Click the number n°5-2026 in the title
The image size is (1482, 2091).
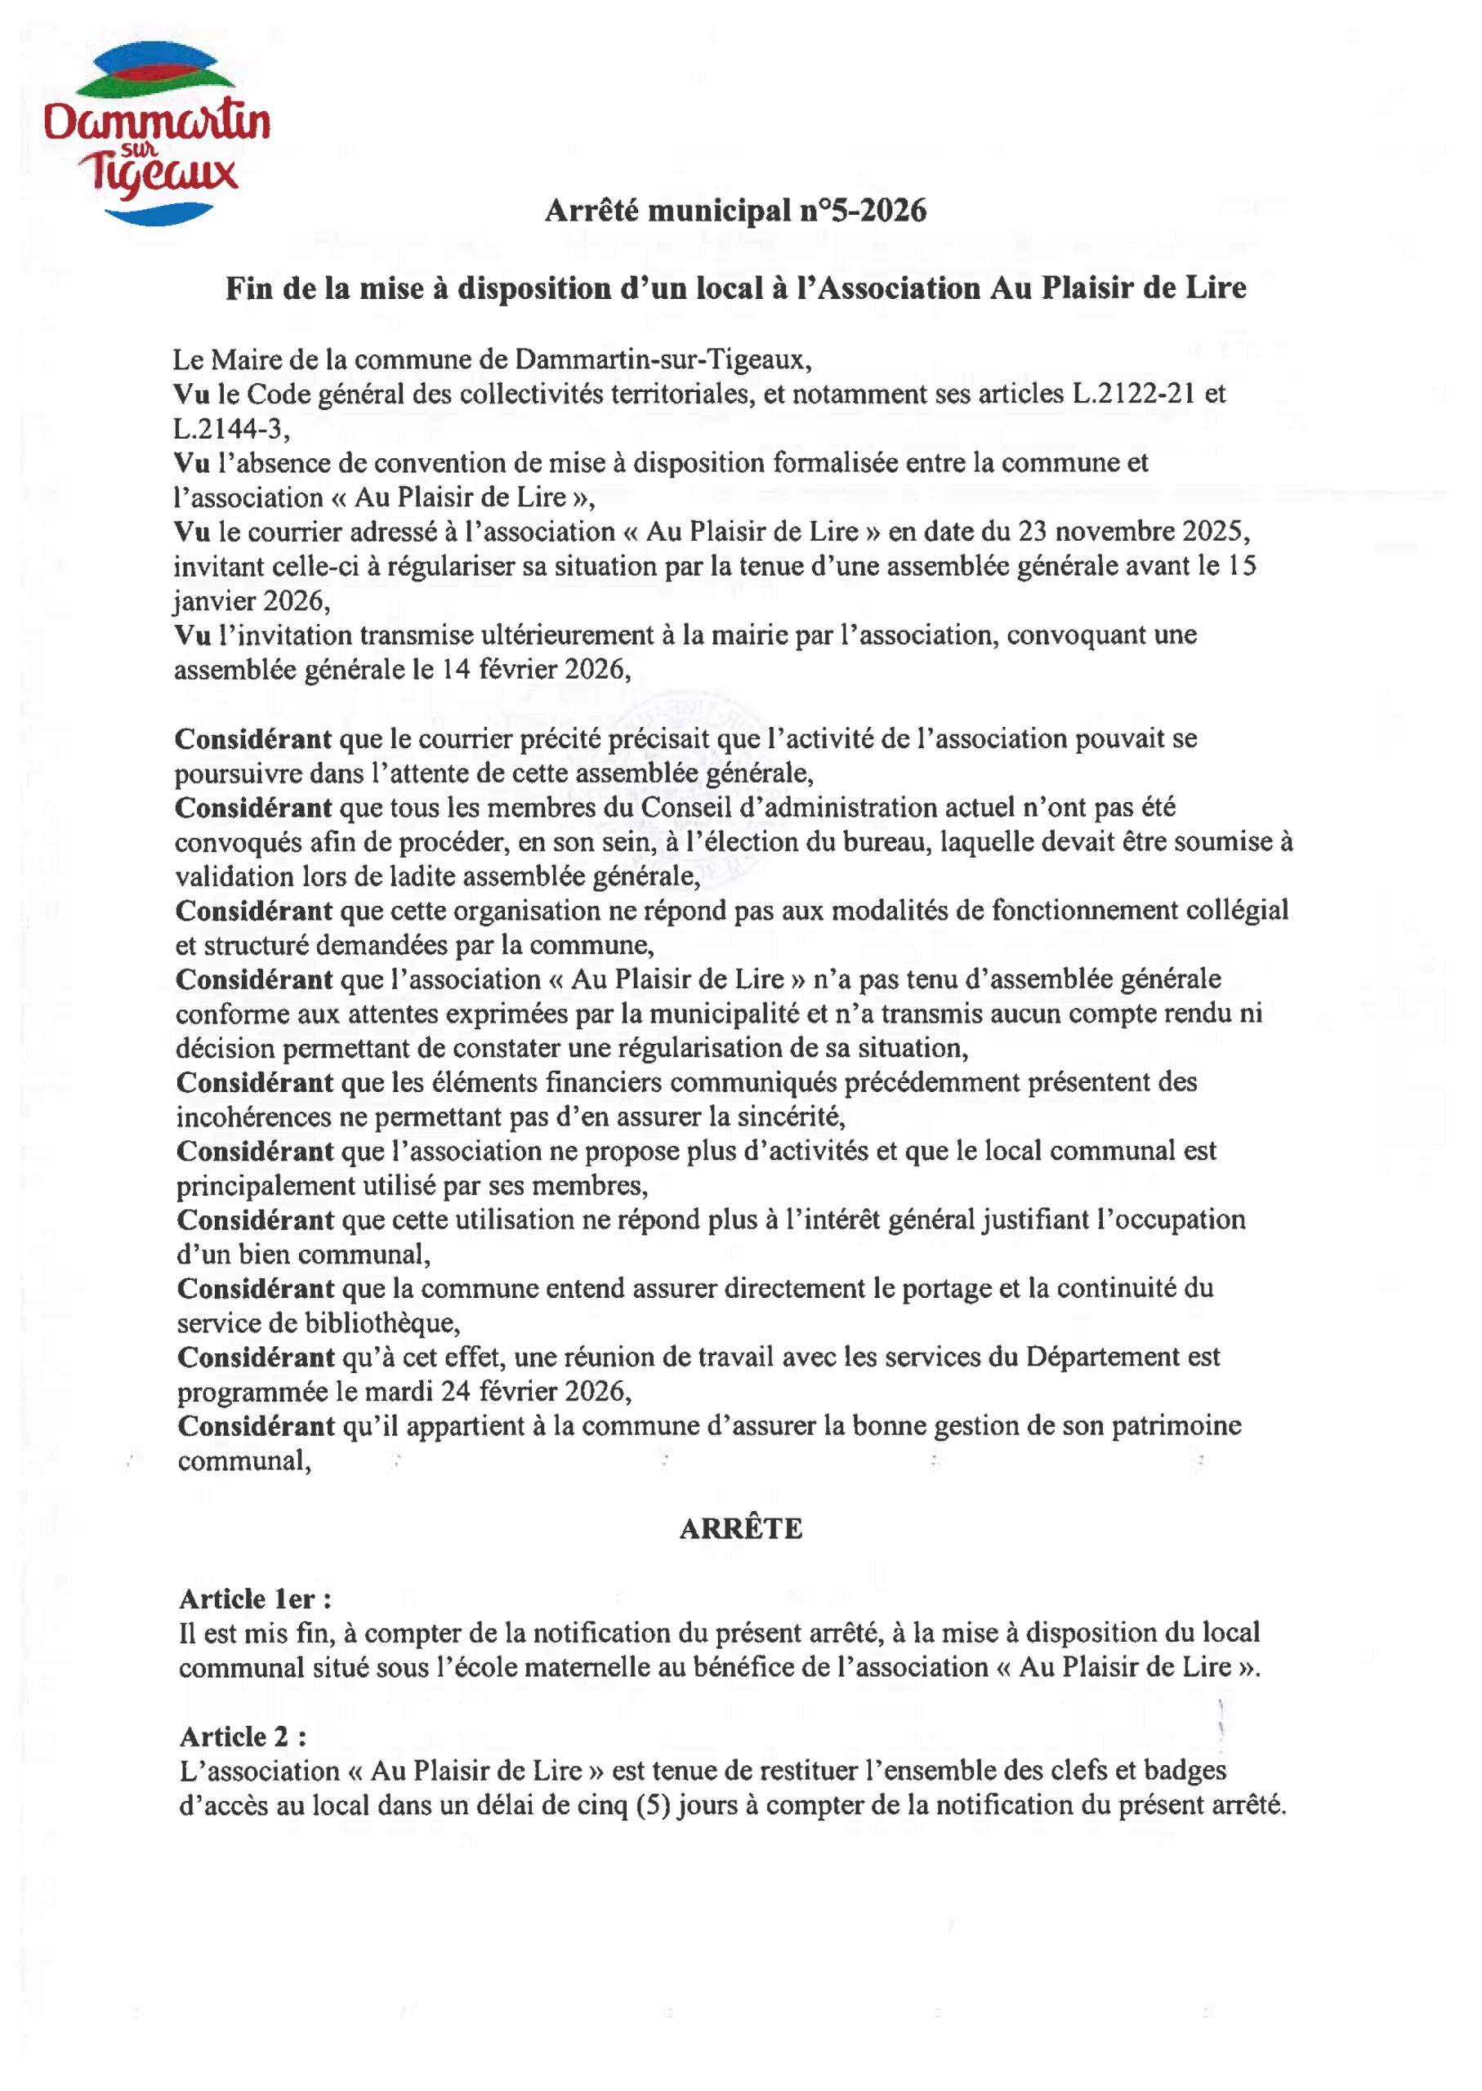click(863, 211)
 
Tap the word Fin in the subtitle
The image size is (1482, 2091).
click(249, 288)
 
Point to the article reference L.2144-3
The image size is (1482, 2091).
click(230, 429)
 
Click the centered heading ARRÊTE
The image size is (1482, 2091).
click(740, 1529)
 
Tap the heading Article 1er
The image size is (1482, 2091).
click(255, 1599)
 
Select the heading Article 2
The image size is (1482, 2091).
click(243, 1737)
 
